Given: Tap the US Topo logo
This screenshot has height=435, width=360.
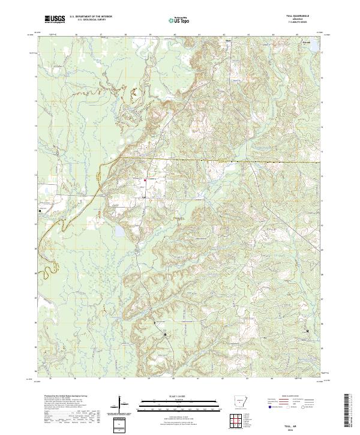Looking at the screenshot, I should tap(178, 20).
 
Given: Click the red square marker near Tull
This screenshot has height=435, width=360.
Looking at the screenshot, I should tap(145, 181).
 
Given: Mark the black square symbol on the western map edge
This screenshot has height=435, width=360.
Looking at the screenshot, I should tap(40, 211).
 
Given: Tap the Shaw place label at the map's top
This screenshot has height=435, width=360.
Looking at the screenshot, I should tap(228, 41).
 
